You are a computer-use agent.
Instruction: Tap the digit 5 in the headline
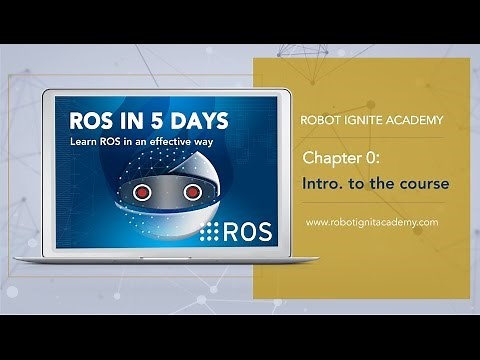(153, 122)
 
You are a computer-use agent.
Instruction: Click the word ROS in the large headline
(93, 122)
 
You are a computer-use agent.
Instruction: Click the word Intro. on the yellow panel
(325, 184)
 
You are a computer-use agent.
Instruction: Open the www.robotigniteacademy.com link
(371, 222)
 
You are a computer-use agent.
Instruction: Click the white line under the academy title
(371, 139)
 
